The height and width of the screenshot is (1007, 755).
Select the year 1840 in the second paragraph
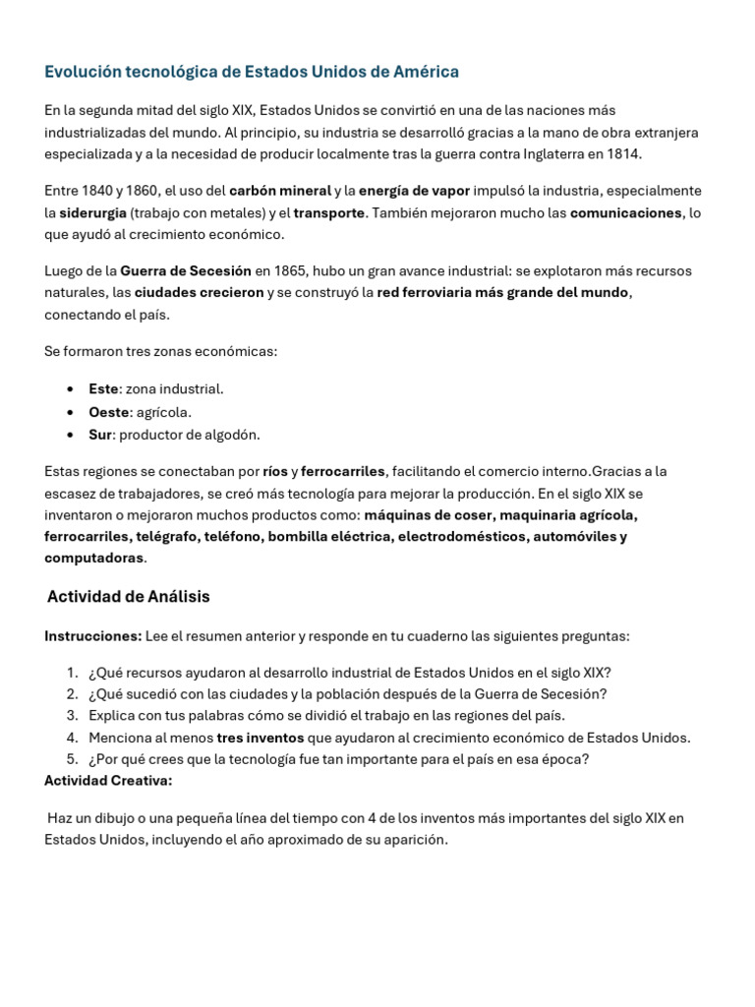pos(97,191)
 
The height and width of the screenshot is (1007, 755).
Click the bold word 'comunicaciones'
pos(625,212)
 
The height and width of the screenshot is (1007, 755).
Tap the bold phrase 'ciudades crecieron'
pos(199,293)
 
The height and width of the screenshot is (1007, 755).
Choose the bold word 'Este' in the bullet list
pos(103,389)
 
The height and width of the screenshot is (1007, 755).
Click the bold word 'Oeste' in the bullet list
pos(109,412)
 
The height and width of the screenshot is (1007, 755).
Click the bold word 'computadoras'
pos(93,558)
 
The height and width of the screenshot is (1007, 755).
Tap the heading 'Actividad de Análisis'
pos(128,597)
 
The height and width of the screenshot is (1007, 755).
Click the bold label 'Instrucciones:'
pos(92,636)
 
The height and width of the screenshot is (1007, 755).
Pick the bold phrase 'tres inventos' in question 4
pos(260,738)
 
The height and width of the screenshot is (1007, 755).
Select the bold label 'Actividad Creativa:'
pos(108,781)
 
